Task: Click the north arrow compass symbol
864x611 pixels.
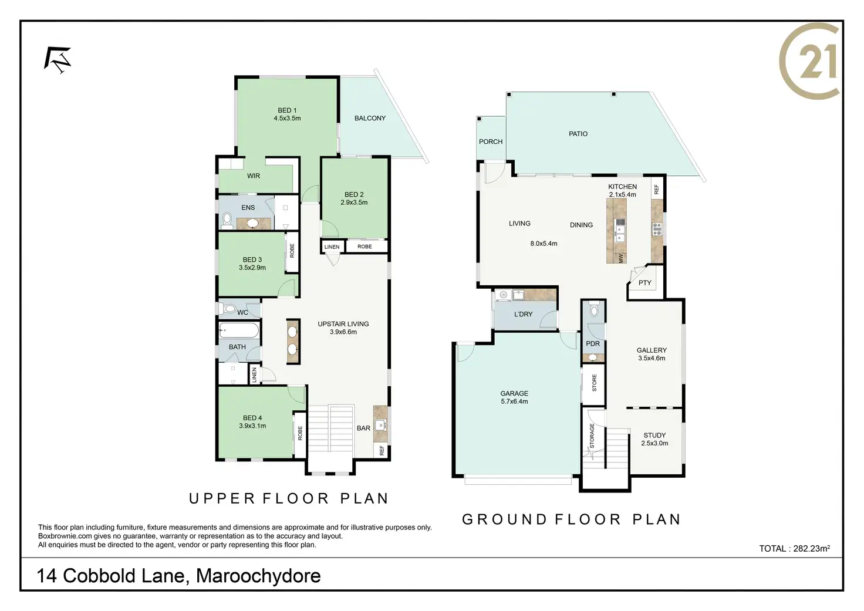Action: (58, 60)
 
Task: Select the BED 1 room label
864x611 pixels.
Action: (287, 114)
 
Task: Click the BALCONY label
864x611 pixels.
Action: (370, 118)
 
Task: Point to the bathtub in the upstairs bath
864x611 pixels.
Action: (239, 330)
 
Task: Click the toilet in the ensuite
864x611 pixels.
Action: (227, 220)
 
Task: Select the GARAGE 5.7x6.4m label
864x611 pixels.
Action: (514, 397)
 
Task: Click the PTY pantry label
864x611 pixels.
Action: (644, 283)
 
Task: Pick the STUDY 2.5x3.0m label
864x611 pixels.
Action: (654, 440)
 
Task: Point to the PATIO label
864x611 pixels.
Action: (578, 134)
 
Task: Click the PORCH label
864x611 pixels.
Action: (491, 141)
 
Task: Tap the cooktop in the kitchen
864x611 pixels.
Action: (657, 229)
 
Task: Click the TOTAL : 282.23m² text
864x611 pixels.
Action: (795, 549)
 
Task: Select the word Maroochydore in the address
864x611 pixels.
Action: (258, 576)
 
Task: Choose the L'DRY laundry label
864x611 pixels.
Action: (523, 314)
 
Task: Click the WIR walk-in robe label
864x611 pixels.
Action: (254, 176)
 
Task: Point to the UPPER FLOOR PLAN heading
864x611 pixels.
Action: (289, 498)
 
